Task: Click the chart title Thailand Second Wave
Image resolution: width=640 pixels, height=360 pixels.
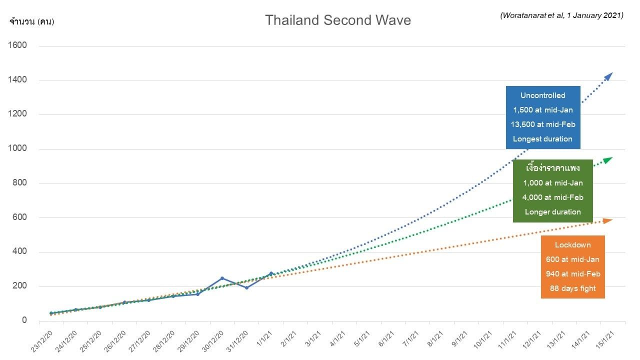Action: pyautogui.click(x=337, y=20)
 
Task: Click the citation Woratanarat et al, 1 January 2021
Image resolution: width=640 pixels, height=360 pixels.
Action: pyautogui.click(x=561, y=15)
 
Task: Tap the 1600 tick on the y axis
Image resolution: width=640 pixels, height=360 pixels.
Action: pyautogui.click(x=17, y=45)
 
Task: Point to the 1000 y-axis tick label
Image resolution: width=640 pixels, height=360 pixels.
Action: pyautogui.click(x=17, y=148)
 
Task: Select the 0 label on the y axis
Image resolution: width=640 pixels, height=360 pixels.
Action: pyautogui.click(x=24, y=320)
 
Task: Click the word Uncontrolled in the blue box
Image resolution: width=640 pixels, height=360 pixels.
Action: pyautogui.click(x=542, y=95)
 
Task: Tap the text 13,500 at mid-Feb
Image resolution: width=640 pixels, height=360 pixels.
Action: pyautogui.click(x=542, y=124)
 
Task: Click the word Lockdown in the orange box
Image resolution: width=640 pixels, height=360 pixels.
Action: pyautogui.click(x=572, y=245)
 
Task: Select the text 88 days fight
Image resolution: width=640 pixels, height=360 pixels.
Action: pyautogui.click(x=572, y=288)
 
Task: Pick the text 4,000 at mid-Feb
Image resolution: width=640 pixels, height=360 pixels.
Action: pyautogui.click(x=552, y=197)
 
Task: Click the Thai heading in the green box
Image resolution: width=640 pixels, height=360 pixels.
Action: pyautogui.click(x=552, y=168)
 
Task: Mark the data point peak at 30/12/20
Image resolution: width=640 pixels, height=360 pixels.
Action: pyautogui.click(x=222, y=278)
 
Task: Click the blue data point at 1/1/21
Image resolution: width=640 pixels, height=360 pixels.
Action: pyautogui.click(x=271, y=273)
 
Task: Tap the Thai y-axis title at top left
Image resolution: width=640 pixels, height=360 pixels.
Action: pyautogui.click(x=31, y=21)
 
